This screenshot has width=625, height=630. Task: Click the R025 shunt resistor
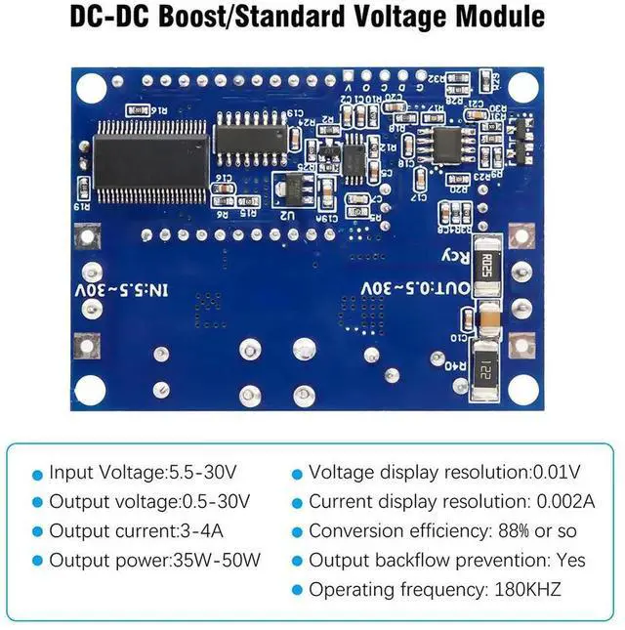tap(486, 263)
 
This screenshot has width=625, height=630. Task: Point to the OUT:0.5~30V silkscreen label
tap(415, 289)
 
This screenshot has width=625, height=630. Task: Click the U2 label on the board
tap(287, 212)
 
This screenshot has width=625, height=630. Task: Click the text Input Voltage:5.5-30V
tap(143, 473)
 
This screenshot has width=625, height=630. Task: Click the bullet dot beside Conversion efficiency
tap(298, 532)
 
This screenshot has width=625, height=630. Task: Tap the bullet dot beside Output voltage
tap(38, 503)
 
